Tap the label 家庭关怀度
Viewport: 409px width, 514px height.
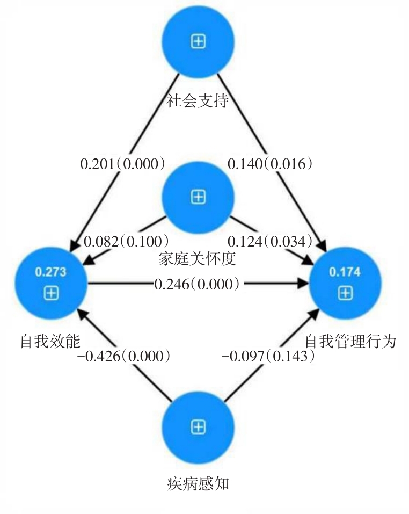(x=198, y=259)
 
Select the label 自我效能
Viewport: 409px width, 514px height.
(x=50, y=341)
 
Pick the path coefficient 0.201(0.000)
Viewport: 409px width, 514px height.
(x=122, y=163)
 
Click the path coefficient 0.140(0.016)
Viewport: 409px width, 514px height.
(x=270, y=163)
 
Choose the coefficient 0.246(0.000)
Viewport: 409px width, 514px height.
(x=197, y=283)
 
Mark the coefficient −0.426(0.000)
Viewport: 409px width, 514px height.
(x=125, y=356)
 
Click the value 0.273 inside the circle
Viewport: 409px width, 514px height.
(x=50, y=272)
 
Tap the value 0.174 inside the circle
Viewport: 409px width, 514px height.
(x=345, y=272)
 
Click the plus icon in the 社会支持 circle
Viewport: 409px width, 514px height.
(x=198, y=42)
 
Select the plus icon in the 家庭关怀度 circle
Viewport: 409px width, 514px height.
(x=198, y=198)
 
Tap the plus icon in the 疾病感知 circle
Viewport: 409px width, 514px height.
(x=198, y=428)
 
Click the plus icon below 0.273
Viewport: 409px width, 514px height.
(x=50, y=293)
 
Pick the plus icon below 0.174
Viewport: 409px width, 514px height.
(x=345, y=293)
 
